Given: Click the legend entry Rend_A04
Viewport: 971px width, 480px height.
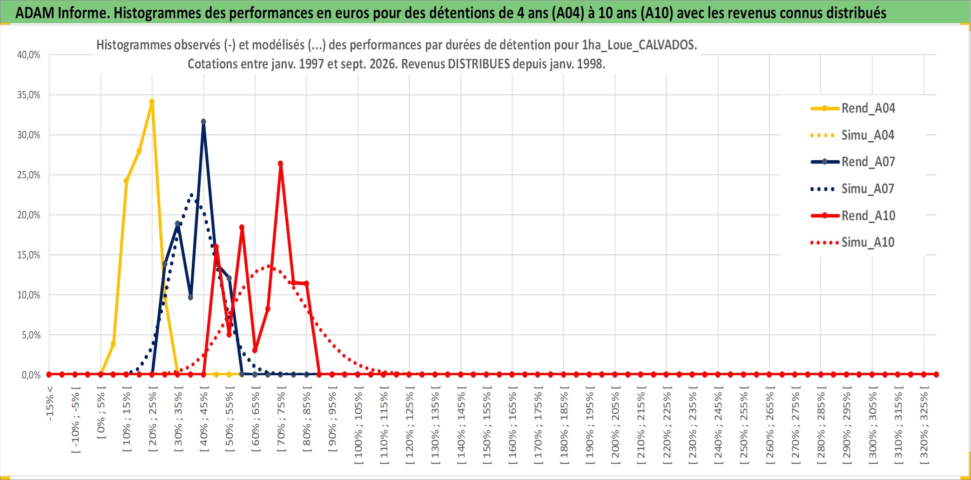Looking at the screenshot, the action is pos(853,108).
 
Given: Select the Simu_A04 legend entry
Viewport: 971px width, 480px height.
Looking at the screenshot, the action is pos(853,135).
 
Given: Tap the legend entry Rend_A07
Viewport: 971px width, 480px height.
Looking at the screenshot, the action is pos(853,162).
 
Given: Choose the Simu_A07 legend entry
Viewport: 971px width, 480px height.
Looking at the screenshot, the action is pos(853,189).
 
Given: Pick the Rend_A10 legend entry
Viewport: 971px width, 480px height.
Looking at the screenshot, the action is pos(853,216).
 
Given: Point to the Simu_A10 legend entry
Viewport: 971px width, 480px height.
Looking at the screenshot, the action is pos(853,243).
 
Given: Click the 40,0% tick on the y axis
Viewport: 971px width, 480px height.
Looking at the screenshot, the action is pos(29,55).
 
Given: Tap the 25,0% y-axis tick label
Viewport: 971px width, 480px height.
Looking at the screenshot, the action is pos(29,175).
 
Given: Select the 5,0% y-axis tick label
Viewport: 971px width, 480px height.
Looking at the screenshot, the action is pos(31,335).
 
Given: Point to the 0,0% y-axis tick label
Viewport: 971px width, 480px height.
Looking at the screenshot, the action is pos(31,375).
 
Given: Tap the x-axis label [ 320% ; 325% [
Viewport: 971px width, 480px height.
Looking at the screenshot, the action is pos(924,425).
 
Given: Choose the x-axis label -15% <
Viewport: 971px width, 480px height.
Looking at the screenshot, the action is pos(50,404).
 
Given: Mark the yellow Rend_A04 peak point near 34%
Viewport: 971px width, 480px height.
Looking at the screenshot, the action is pos(152,101).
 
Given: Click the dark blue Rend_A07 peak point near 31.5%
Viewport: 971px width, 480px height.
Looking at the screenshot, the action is pos(203,122).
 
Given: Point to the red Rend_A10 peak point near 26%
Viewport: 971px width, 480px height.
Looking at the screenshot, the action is pos(280,163).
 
